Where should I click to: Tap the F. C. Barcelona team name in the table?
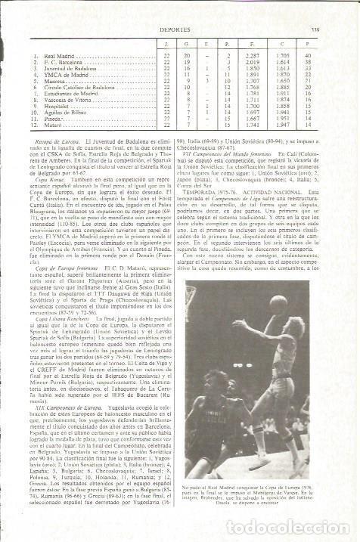[62, 60]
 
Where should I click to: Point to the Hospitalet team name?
[57, 110]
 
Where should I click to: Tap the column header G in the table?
[187, 45]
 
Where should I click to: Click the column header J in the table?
[165, 45]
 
